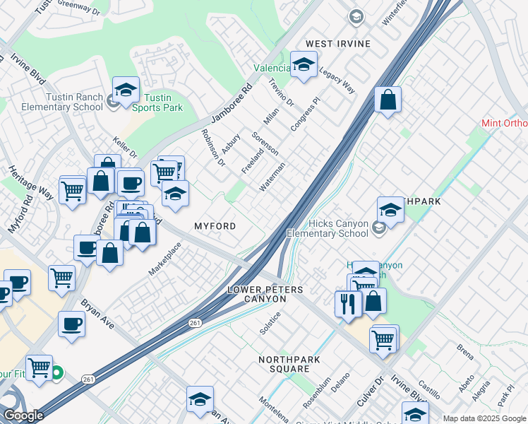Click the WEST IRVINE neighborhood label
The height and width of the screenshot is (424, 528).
338,44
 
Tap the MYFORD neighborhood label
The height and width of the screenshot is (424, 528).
215,225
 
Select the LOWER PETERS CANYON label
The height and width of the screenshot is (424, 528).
265,295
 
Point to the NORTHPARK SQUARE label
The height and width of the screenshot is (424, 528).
284,365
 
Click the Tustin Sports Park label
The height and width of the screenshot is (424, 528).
163,102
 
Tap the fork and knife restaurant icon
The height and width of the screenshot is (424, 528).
348,303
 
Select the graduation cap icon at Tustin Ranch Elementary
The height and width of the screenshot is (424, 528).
126,90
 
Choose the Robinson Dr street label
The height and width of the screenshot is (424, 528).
212,148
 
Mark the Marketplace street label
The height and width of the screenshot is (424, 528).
164,259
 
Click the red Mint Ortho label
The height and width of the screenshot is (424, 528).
504,123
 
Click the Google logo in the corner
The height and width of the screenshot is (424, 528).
23,416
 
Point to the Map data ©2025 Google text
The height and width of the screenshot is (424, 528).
484,418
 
